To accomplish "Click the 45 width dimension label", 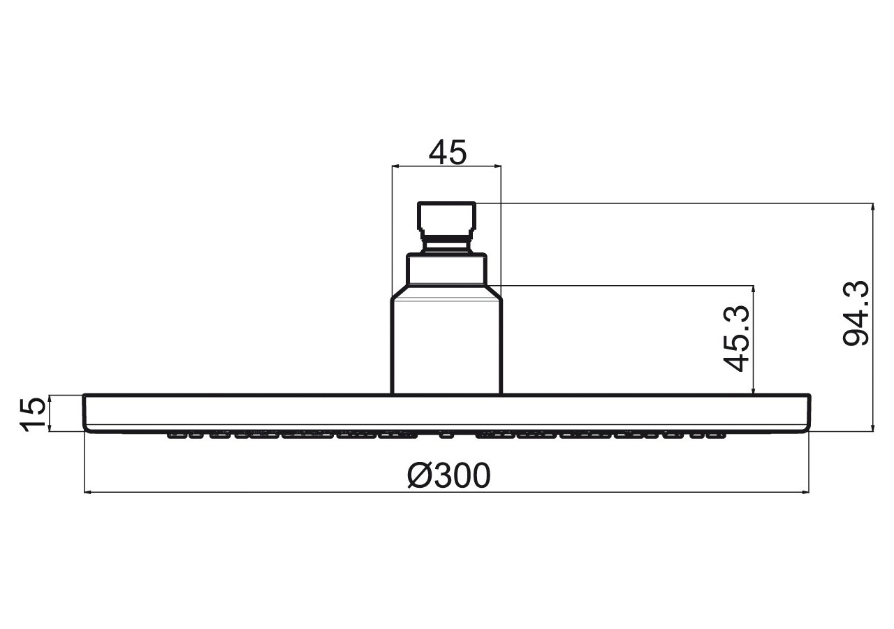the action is [x=448, y=152].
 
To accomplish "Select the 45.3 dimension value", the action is [x=736, y=338].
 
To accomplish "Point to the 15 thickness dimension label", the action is [x=32, y=414].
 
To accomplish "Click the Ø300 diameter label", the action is [x=448, y=475].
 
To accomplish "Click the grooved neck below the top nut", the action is [x=446, y=245].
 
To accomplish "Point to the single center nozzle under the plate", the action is [x=446, y=435].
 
